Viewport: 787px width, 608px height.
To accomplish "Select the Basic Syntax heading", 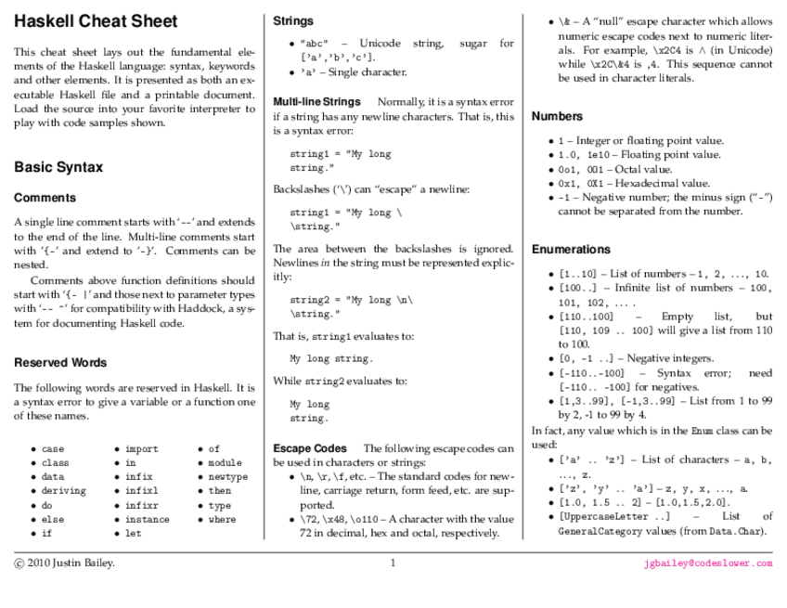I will point(58,167).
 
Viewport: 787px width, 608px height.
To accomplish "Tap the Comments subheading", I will point(45,198).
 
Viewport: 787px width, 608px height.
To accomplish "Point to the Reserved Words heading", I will point(60,363).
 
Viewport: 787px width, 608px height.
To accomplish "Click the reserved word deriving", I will point(63,491).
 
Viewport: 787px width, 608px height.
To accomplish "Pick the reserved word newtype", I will point(228,477).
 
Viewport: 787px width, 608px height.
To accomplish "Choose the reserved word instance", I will point(148,520).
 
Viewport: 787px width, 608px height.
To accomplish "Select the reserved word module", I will point(225,463).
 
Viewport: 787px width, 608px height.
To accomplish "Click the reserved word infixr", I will point(141,506).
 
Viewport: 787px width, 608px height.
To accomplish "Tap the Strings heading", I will point(293,20).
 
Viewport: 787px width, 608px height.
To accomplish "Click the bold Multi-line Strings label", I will point(316,101).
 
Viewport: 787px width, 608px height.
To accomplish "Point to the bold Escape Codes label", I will point(310,448).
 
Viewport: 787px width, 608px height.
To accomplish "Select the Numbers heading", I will point(557,116).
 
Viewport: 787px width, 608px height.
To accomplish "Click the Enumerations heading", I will point(571,250).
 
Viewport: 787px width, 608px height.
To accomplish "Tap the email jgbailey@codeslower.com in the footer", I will point(708,563).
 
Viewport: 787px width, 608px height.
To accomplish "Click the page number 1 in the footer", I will point(393,563).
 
